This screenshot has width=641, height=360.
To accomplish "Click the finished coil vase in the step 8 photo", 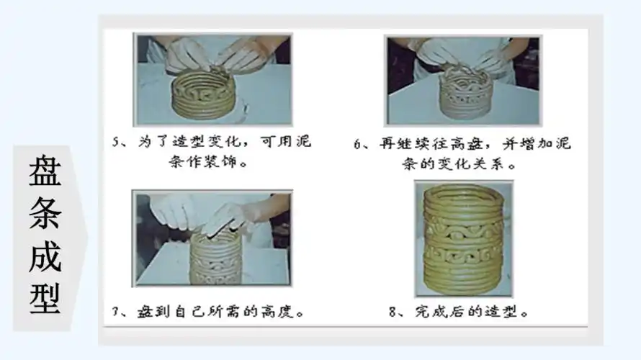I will point(463,238).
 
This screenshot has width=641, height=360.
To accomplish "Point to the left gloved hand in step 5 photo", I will point(186,53).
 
